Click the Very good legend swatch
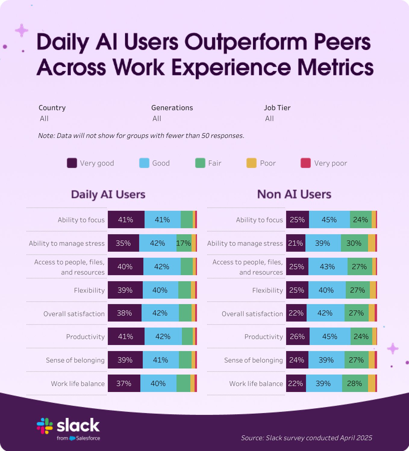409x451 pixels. point(72,163)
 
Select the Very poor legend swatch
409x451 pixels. point(305,163)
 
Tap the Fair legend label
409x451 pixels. point(215,163)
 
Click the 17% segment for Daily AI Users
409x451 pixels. point(184,243)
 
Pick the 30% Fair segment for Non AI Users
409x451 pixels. point(354,243)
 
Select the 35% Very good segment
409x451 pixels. point(123,243)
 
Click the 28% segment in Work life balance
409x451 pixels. point(355,383)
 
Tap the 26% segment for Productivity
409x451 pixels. point(298,336)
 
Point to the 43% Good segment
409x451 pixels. point(328,266)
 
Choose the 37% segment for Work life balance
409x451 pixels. point(124,383)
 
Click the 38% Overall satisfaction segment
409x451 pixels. point(124,313)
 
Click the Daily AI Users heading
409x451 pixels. point(108,194)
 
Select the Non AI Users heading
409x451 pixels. point(294,194)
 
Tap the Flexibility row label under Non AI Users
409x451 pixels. point(267,290)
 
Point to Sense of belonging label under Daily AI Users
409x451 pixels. point(75,360)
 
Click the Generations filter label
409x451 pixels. point(172,108)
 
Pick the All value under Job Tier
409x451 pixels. point(269,119)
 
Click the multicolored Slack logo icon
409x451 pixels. point(45,426)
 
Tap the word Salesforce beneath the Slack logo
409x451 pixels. point(88,438)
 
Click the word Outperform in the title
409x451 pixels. point(246,42)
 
